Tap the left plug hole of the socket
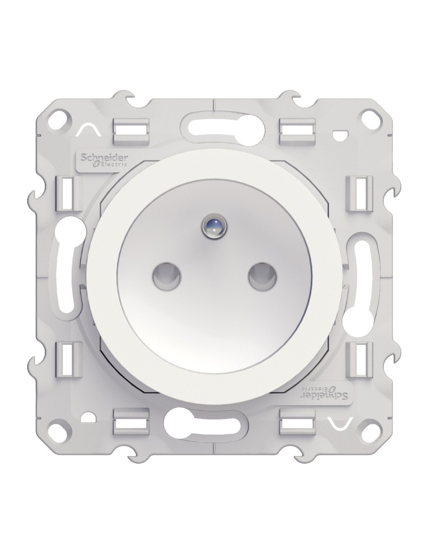click(167, 276)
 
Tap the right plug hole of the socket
click(262, 276)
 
